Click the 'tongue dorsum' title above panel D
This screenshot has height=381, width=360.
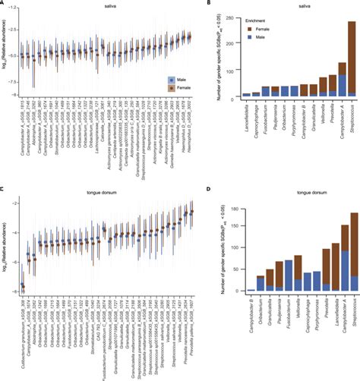click(287, 198)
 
